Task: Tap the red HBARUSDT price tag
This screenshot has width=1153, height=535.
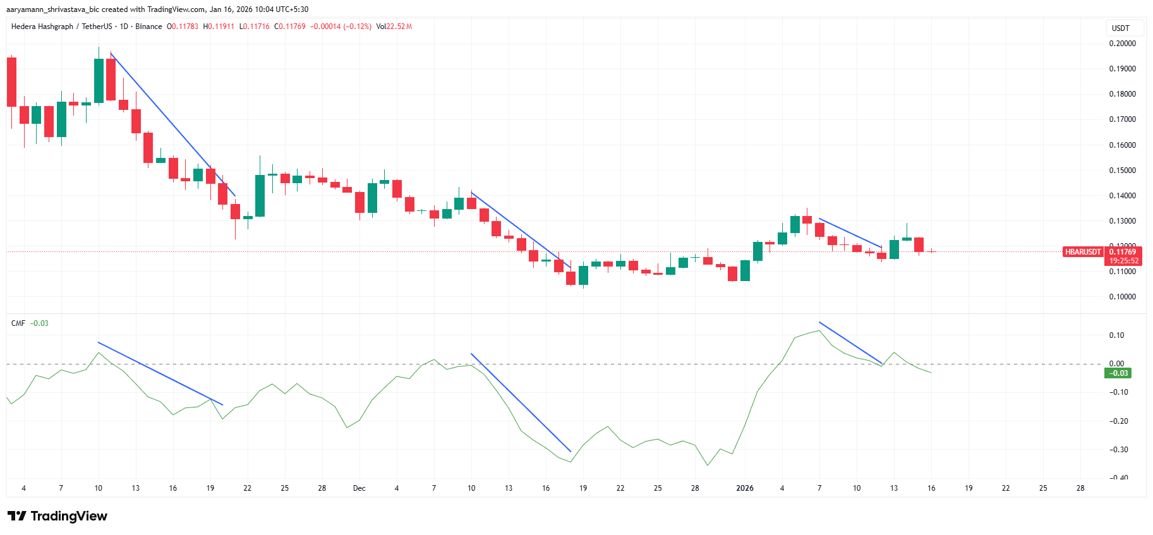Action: [1083, 252]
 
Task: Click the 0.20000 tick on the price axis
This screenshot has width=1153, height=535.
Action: [1122, 44]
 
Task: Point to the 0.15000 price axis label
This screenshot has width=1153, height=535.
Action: [1122, 171]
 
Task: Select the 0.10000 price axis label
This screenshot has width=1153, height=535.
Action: [1122, 297]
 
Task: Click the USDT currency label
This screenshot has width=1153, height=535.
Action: [1120, 28]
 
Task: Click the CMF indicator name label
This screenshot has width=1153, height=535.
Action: [18, 323]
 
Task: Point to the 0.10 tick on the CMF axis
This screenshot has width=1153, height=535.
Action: [1116, 335]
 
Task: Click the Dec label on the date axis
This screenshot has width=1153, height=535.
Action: [359, 488]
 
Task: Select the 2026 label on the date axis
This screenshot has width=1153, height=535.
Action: [745, 488]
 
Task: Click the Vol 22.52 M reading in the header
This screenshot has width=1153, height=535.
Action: [394, 27]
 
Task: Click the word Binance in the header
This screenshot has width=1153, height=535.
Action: [148, 27]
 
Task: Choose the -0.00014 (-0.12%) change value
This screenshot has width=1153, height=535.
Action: [341, 27]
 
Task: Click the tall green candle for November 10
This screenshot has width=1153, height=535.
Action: [99, 80]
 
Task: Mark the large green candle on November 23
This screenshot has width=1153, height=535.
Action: [260, 196]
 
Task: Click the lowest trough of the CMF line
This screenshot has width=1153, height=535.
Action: [708, 466]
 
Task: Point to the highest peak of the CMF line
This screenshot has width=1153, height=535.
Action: [819, 330]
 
